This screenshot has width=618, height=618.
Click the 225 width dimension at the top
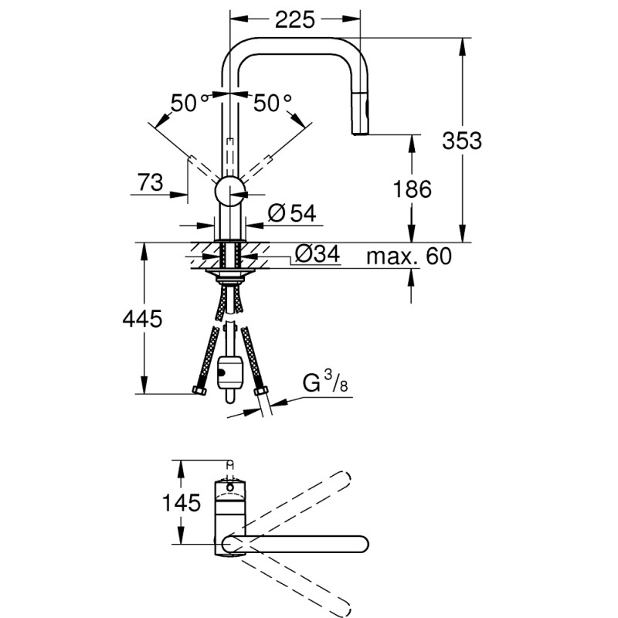(x=296, y=20)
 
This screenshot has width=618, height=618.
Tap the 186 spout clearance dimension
(x=411, y=188)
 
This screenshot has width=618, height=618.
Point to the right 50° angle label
(x=272, y=103)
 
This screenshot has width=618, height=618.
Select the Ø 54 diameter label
(x=294, y=215)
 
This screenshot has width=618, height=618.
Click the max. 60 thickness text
(x=408, y=256)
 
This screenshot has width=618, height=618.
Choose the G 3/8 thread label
(x=324, y=382)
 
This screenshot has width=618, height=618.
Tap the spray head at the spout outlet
(x=362, y=122)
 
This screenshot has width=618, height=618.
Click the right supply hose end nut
(x=260, y=392)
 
